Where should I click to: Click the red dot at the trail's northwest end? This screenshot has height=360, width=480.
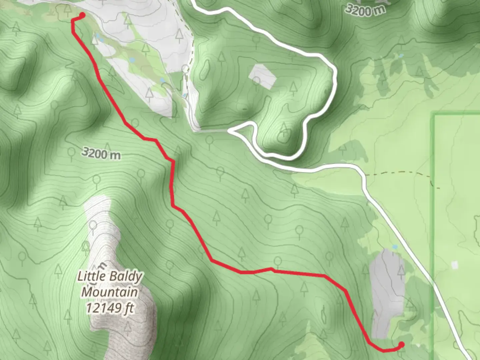(x=82, y=15)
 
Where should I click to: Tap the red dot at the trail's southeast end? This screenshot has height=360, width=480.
(x=401, y=344)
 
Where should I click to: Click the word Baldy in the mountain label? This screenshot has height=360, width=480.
(x=125, y=276)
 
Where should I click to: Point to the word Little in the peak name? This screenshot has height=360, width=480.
(x=91, y=276)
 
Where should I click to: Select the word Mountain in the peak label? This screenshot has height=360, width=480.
(x=110, y=292)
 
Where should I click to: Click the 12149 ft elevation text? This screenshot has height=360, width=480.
(x=110, y=308)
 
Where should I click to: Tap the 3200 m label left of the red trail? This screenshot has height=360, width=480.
(x=101, y=153)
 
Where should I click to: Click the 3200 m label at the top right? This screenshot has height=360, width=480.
(x=365, y=10)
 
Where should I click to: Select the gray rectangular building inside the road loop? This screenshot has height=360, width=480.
(x=263, y=76)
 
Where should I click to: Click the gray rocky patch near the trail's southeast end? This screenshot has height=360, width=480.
(x=387, y=290)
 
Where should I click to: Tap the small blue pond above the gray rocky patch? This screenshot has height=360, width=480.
(x=395, y=247)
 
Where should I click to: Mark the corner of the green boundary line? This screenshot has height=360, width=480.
(x=434, y=115)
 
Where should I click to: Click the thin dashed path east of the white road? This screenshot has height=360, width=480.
(x=400, y=173)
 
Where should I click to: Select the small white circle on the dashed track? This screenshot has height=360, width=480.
(x=186, y=69)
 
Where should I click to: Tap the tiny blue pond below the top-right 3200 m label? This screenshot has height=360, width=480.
(x=401, y=55)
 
